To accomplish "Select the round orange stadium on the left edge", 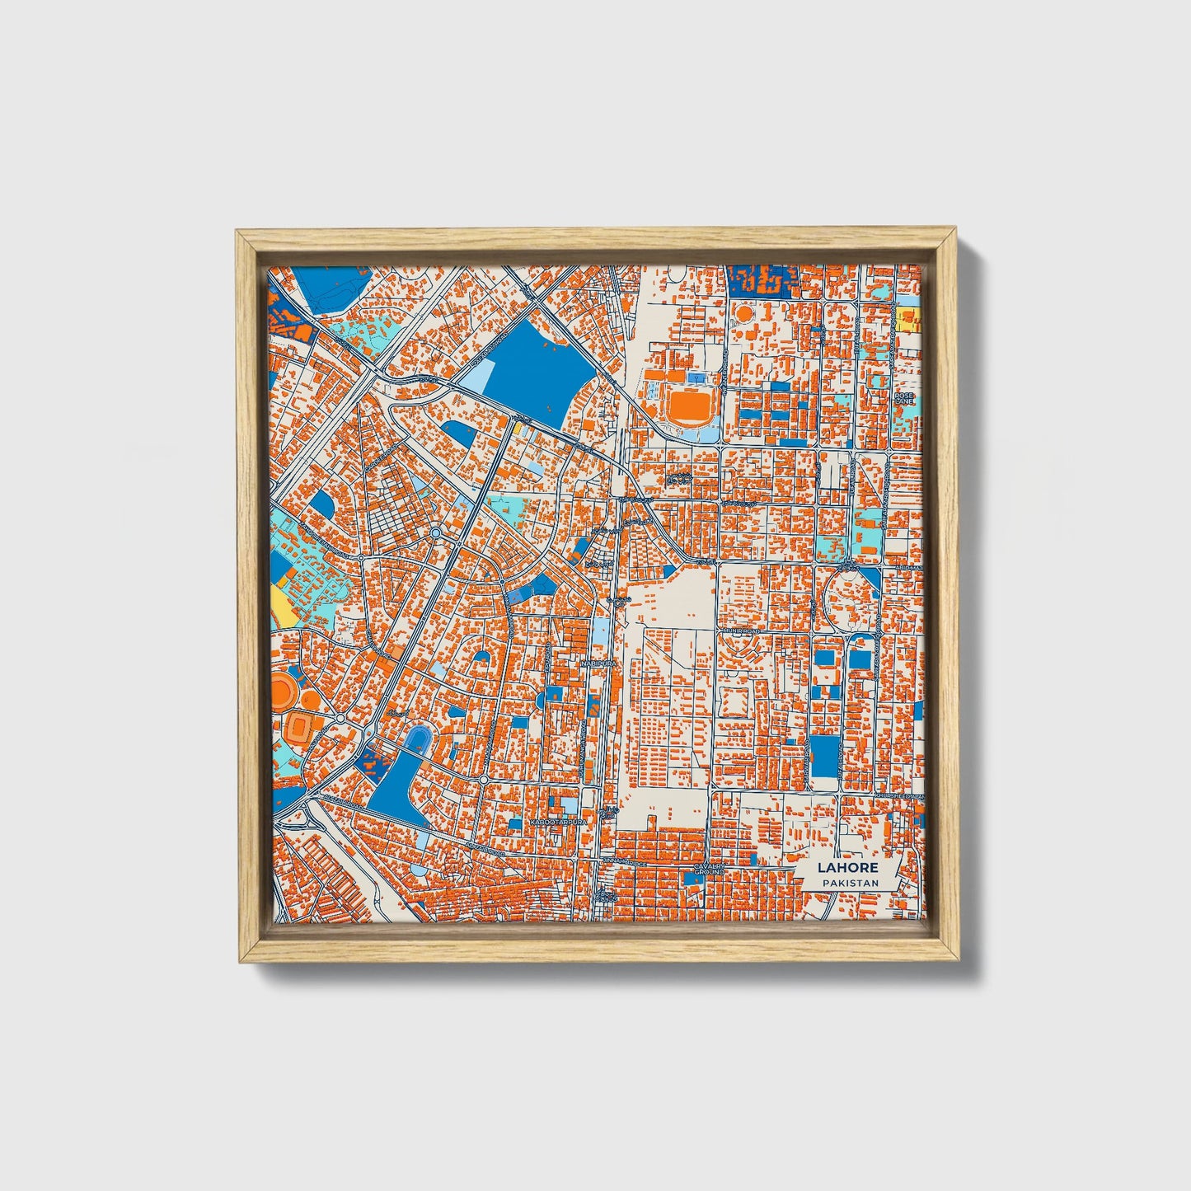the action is (284, 691).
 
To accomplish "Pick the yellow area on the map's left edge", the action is (279, 606).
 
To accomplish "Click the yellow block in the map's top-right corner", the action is (909, 320).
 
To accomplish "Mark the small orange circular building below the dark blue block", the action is (744, 313).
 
